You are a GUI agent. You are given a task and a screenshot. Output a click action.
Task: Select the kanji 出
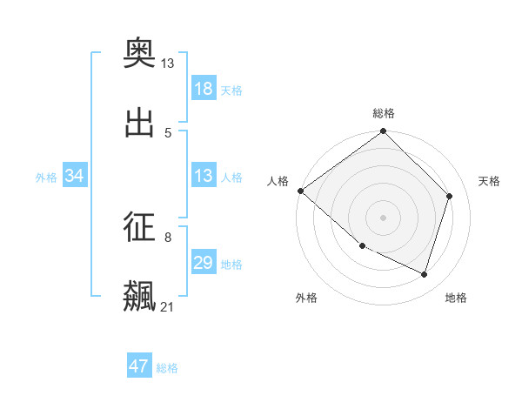(x=139, y=123)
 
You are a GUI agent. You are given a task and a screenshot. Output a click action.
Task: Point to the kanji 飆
(x=139, y=297)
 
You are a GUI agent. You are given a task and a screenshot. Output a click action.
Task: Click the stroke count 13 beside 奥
(x=168, y=63)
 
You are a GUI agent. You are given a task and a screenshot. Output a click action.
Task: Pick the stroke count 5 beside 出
(x=168, y=132)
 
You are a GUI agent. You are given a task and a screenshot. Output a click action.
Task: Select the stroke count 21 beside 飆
(x=168, y=306)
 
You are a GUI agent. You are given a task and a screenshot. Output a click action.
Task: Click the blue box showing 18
(x=204, y=89)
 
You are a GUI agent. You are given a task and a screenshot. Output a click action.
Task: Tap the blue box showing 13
(x=204, y=176)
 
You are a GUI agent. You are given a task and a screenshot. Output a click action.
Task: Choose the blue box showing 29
(x=204, y=263)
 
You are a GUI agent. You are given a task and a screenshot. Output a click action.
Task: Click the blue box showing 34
(x=75, y=176)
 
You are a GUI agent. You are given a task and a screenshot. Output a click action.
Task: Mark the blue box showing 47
(x=139, y=366)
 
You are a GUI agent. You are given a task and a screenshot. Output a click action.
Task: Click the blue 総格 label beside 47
(x=167, y=368)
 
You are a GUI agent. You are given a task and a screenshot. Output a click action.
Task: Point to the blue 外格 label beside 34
(x=46, y=178)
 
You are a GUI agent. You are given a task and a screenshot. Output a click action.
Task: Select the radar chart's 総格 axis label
(x=384, y=113)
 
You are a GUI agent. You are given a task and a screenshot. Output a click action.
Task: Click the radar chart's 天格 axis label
(x=489, y=181)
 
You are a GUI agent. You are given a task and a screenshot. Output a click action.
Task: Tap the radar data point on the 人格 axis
(x=300, y=191)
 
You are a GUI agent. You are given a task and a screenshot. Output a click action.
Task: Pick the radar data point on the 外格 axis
(x=362, y=246)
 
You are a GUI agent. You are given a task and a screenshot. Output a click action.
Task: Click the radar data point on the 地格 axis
(x=425, y=275)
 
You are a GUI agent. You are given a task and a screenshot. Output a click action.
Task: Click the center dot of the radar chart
(x=383, y=218)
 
